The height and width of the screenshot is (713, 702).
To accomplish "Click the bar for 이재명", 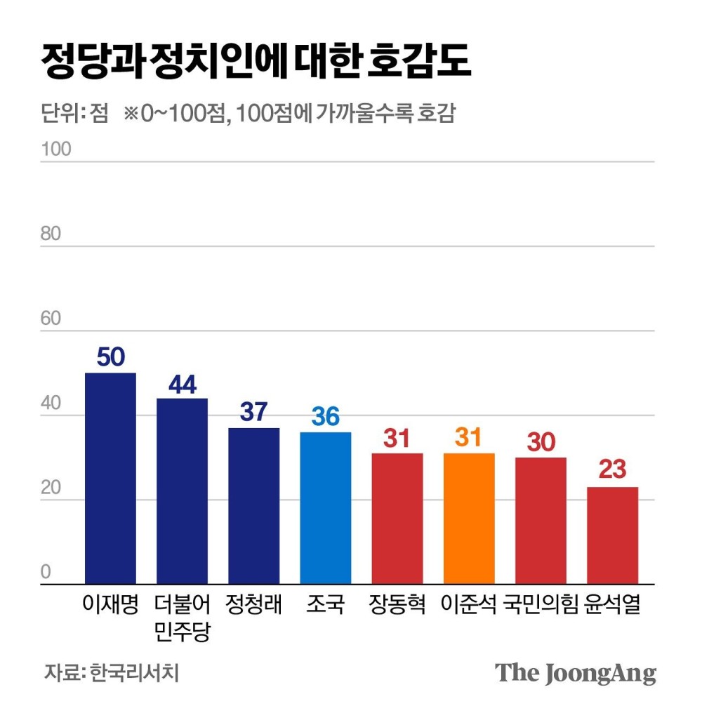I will coord(110,478).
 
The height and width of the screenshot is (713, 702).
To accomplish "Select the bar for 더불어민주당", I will coord(182,491).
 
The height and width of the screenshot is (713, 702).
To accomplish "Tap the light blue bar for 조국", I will coord(326,507).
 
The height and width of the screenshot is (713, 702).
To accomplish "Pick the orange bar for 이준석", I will coord(469,518).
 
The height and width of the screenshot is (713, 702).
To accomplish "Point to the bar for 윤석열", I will coord(612,535).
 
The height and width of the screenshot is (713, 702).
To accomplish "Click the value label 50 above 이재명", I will coord(110,357).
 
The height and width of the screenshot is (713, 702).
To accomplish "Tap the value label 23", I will coord(612,470).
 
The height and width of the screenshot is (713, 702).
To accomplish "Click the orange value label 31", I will coord(469,438).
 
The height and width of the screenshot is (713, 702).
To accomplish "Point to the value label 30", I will coord(541,442).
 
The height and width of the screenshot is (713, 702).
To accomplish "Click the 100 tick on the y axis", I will coord(56,149).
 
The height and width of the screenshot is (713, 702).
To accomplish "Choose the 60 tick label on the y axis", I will coord(51,319).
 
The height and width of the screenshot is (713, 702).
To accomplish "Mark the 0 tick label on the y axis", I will coord(46,572).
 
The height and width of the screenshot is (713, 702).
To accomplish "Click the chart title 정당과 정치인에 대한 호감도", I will coord(256,63).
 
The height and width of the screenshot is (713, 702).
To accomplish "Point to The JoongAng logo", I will coord(576,672).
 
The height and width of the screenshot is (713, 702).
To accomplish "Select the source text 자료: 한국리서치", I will coord(112,672).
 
